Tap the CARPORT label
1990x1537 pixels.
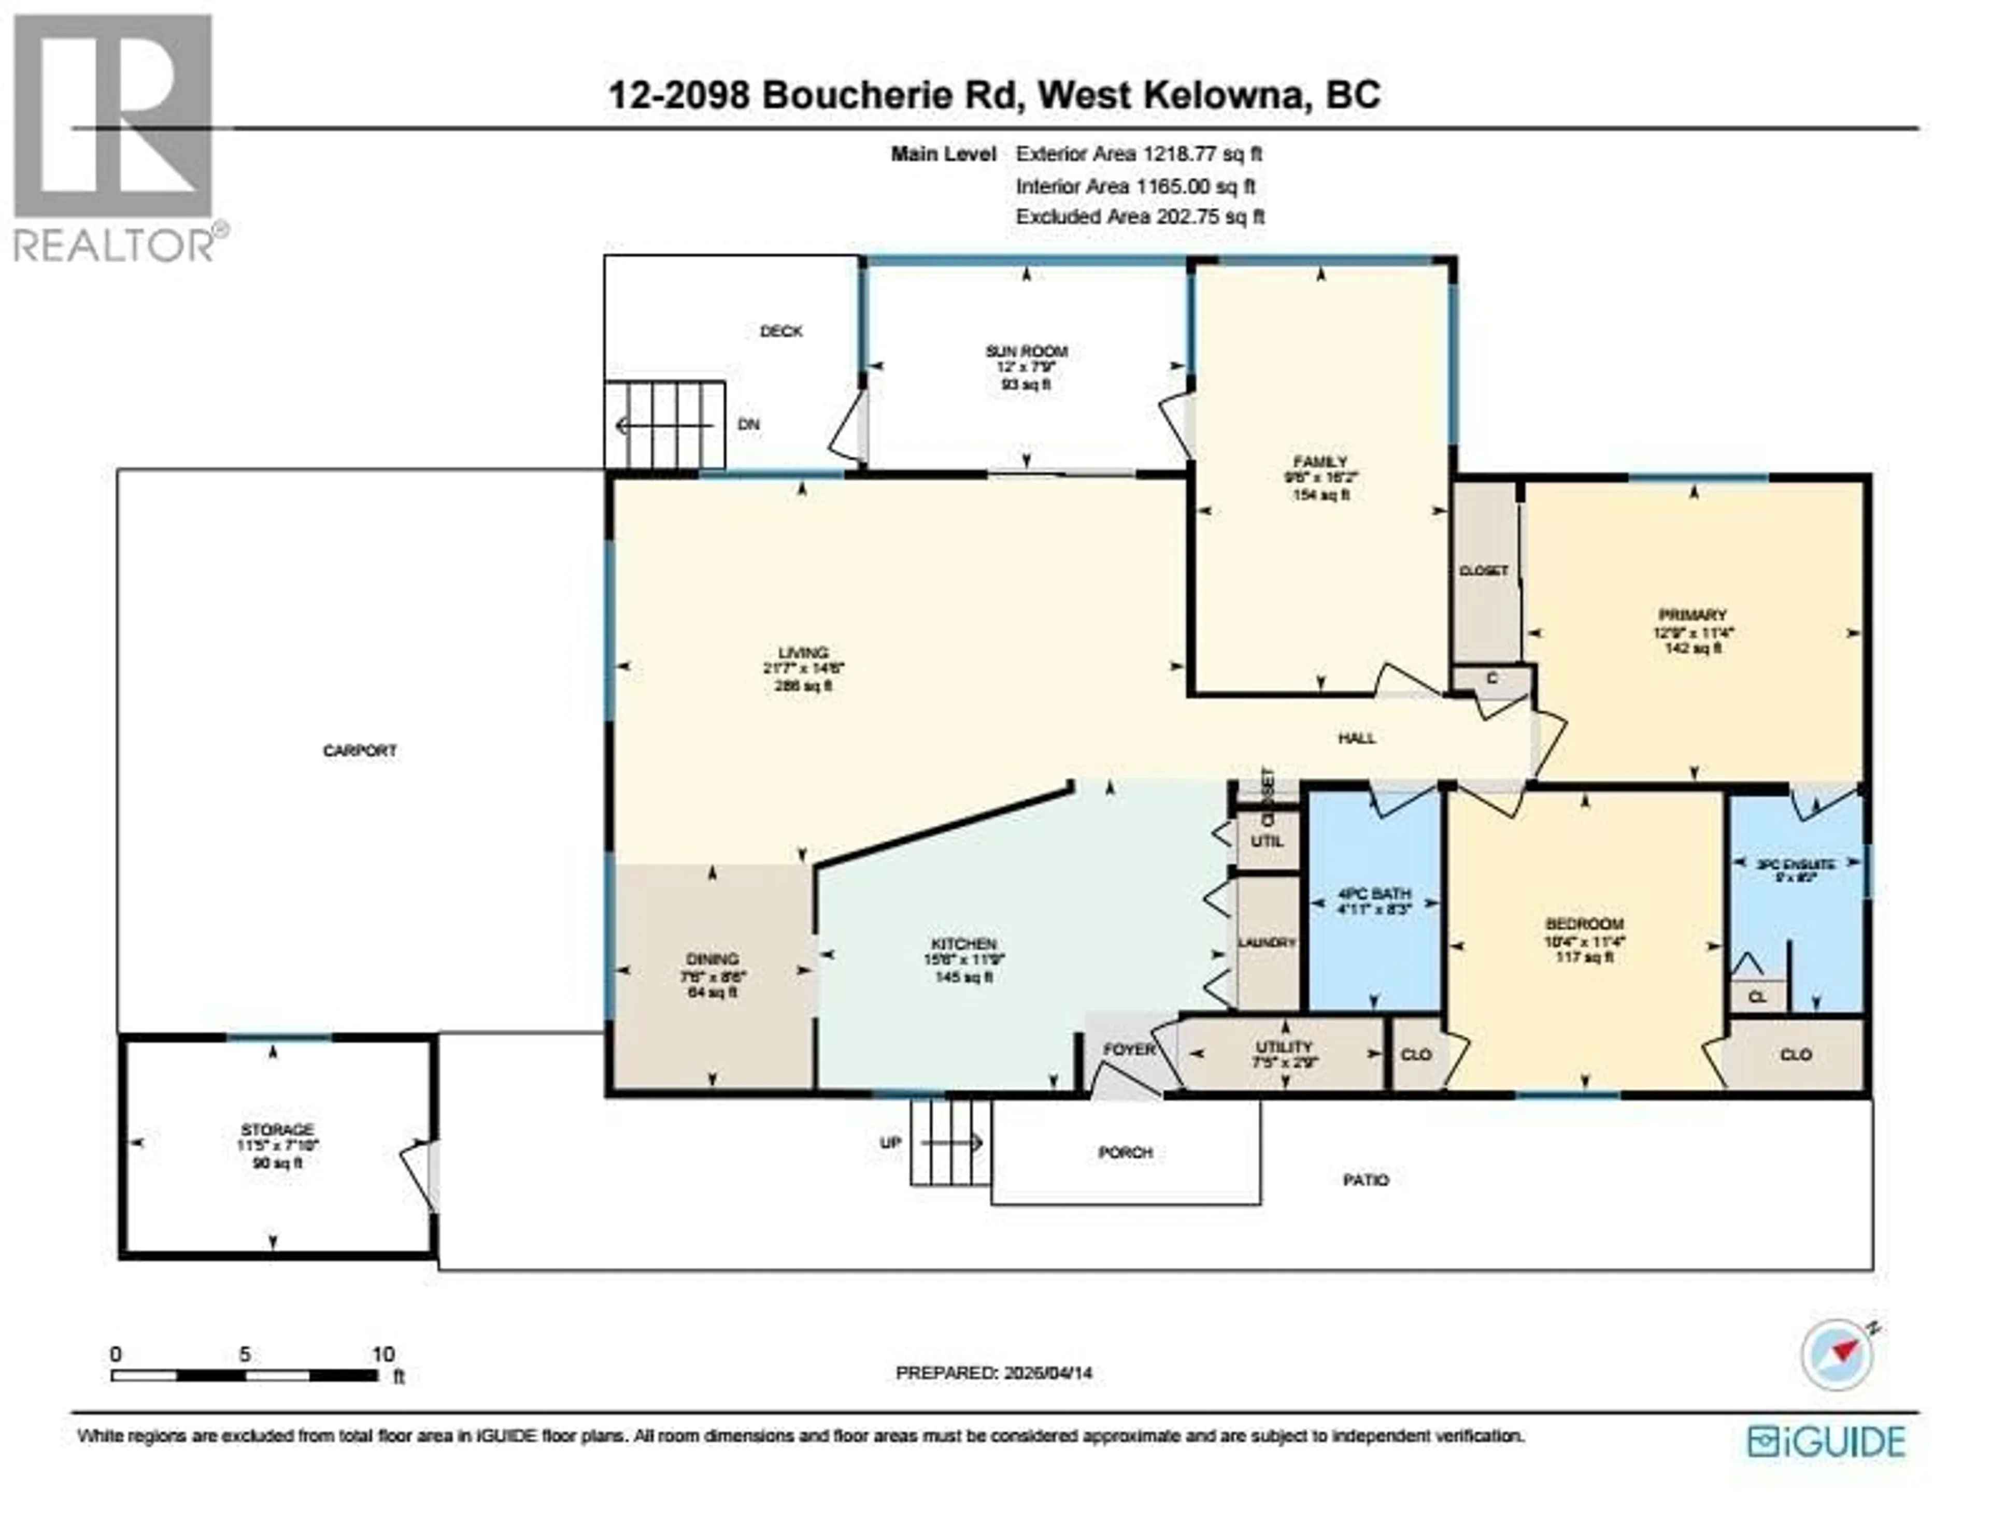[x=360, y=751]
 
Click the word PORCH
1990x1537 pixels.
[x=1125, y=1153]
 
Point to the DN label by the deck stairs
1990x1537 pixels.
[x=748, y=425]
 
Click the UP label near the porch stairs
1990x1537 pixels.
[x=890, y=1142]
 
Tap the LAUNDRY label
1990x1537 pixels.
[x=1267, y=942]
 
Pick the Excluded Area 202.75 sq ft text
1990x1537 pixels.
[x=1140, y=217]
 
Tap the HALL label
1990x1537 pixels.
[x=1357, y=738]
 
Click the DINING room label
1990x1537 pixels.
[x=713, y=958]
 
